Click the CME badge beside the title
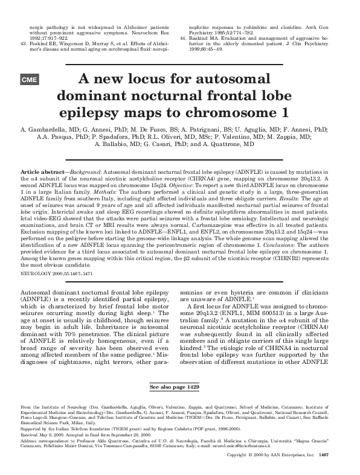[30, 80]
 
